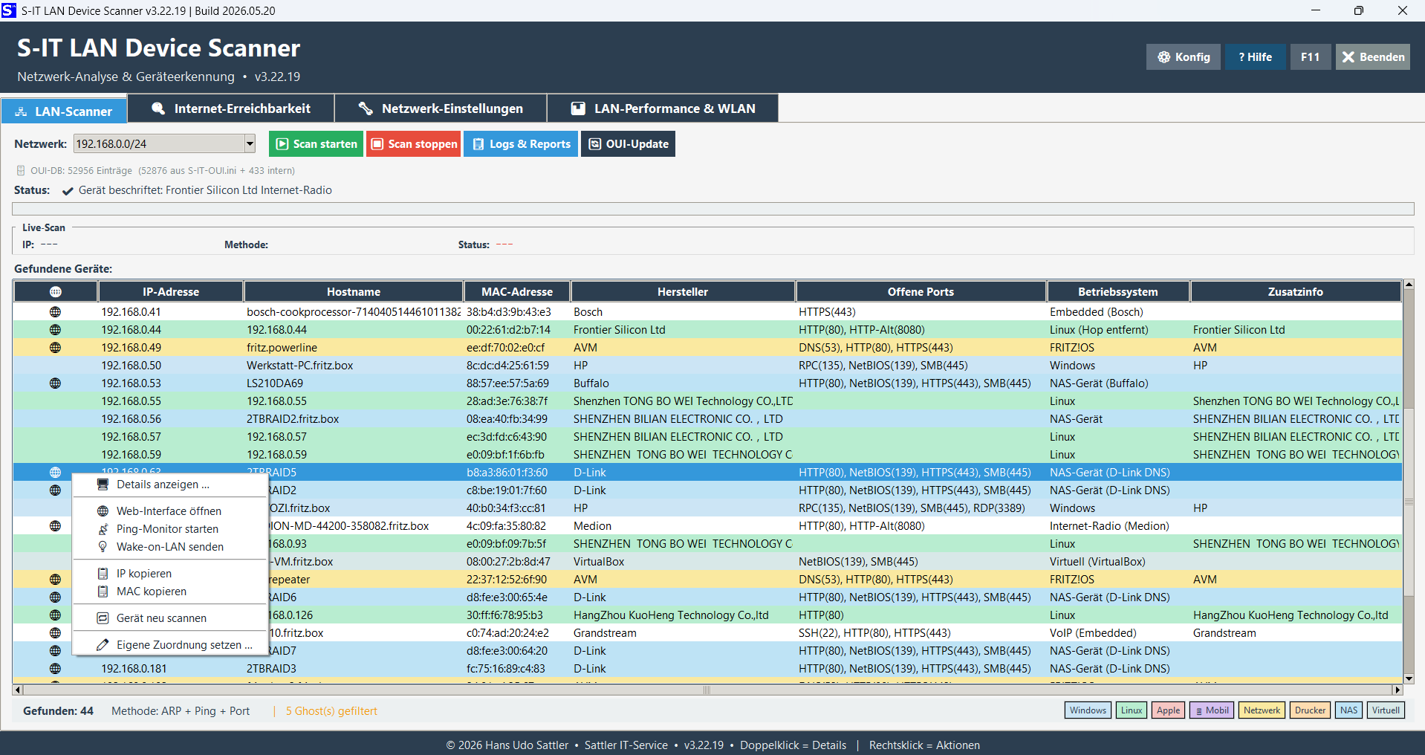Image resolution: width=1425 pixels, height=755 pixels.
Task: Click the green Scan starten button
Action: [316, 144]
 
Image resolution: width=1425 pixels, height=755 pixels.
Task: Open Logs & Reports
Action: [521, 144]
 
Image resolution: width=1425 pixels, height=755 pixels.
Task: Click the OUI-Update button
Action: [628, 144]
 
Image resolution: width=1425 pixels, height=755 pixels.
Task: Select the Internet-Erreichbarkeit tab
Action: [231, 108]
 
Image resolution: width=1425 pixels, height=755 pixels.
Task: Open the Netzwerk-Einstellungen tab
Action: [441, 108]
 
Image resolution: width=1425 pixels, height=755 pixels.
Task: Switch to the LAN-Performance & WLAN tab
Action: [663, 108]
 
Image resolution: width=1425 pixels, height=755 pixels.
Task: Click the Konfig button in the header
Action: [1184, 57]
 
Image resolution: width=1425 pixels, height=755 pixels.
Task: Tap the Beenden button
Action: [1373, 57]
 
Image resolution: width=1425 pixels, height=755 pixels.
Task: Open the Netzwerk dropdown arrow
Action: [250, 144]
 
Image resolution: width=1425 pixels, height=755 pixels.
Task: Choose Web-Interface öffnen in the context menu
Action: [169, 511]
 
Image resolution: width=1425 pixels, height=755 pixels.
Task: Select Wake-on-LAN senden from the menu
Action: [170, 547]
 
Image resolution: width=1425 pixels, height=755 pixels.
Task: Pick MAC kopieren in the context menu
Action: [152, 592]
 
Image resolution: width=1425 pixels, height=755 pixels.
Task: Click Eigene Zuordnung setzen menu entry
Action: [184, 645]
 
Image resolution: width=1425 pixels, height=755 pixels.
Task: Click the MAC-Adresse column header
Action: [517, 292]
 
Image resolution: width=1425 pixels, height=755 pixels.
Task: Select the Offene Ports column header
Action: [921, 292]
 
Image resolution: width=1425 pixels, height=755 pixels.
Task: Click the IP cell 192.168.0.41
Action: [132, 312]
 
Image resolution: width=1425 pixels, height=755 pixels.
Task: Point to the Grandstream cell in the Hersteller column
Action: [605, 633]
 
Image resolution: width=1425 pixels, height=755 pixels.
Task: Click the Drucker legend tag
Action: [1310, 710]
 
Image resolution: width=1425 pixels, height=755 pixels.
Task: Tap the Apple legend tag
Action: [1168, 710]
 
